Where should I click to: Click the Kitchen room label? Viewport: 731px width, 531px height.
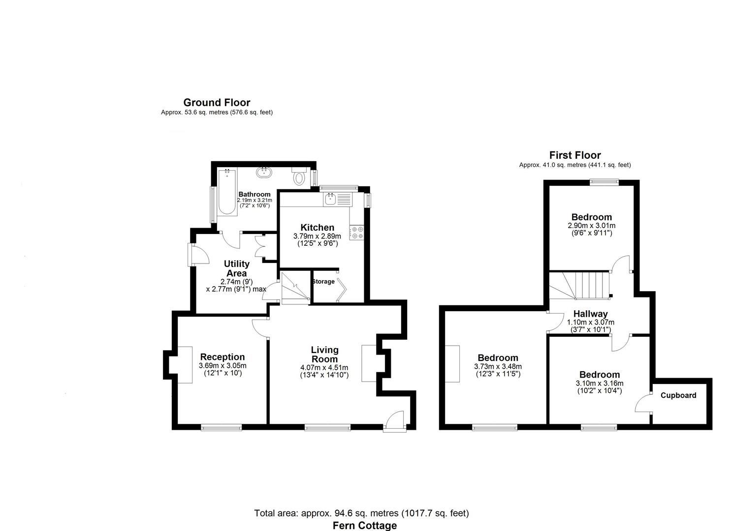[x=317, y=228]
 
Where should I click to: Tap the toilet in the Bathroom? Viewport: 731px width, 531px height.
[x=299, y=177]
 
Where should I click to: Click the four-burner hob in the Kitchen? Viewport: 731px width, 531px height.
[x=357, y=233]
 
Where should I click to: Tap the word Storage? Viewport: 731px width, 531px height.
[x=323, y=282]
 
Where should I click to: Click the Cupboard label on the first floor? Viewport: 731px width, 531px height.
[x=678, y=395]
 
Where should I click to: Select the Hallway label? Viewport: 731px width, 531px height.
[x=590, y=314]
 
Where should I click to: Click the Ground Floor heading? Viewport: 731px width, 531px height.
[x=217, y=103]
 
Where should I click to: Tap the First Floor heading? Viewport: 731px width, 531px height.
[x=575, y=155]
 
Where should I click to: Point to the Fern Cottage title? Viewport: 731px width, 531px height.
[x=364, y=526]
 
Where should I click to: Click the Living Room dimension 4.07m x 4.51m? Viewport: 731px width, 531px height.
[x=324, y=368]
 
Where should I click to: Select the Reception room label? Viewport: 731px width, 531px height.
[x=222, y=357]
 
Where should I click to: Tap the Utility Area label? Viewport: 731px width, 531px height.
[x=236, y=268]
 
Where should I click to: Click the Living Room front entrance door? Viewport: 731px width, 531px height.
[x=395, y=422]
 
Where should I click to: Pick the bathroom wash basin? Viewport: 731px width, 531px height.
[x=264, y=172]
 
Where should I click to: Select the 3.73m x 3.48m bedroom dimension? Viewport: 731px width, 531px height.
[x=498, y=367]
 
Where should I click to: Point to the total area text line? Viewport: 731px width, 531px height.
[x=361, y=513]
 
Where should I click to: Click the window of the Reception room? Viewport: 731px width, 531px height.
[x=221, y=428]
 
